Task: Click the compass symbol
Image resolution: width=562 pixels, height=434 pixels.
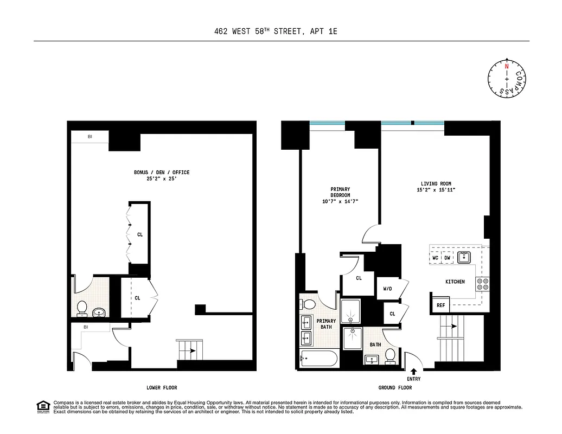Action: pyautogui.click(x=507, y=79)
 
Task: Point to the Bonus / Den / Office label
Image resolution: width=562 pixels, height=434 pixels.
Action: pyautogui.click(x=162, y=175)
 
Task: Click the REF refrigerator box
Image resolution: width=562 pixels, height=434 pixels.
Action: pyautogui.click(x=440, y=305)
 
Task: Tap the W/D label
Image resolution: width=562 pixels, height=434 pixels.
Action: pyautogui.click(x=388, y=289)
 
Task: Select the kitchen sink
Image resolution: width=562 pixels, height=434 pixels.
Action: pyautogui.click(x=464, y=257)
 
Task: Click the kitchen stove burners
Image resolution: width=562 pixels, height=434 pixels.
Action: pyautogui.click(x=482, y=284)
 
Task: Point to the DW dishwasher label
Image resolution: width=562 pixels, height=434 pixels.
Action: pyautogui.click(x=448, y=258)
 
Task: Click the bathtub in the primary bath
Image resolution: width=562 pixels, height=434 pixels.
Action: pyautogui.click(x=319, y=359)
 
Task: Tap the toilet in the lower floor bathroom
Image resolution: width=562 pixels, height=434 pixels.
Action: pyautogui.click(x=82, y=308)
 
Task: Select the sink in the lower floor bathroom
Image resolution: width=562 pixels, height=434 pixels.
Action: pyautogui.click(x=99, y=312)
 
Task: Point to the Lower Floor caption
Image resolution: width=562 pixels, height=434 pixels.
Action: pyautogui.click(x=162, y=387)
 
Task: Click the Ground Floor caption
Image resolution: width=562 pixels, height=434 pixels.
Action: pyautogui.click(x=395, y=387)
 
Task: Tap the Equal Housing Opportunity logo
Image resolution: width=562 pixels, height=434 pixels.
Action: pyautogui.click(x=42, y=406)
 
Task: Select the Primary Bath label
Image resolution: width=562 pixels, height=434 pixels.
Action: pyautogui.click(x=326, y=324)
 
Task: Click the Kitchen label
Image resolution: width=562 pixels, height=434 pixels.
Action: pyautogui.click(x=455, y=282)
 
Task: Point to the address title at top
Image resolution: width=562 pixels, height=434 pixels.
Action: pyautogui.click(x=276, y=31)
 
